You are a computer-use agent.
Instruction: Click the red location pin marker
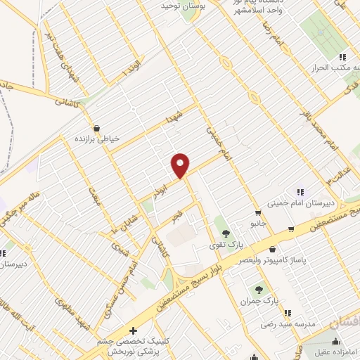[x=181, y=165]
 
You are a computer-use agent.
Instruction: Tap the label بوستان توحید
[x=163, y=6]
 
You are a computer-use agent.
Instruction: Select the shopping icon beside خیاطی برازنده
[x=97, y=129]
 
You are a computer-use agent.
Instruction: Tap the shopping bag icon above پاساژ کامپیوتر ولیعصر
[x=272, y=248]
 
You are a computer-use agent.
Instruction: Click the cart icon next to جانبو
[x=291, y=229]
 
